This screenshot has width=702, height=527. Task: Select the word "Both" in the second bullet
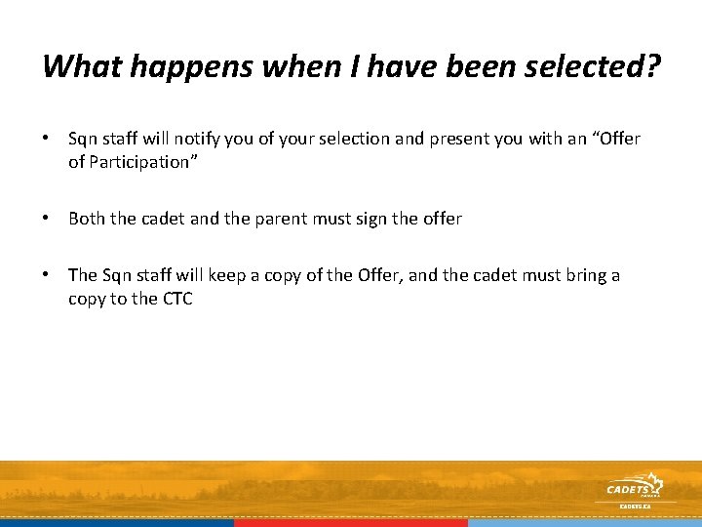pyautogui.click(x=86, y=219)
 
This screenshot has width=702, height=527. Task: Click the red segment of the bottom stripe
pyautogui.click(x=351, y=522)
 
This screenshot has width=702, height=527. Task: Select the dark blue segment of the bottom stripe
pyautogui.click(x=117, y=522)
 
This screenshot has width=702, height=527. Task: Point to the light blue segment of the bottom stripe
pyautogui.click(x=585, y=522)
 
